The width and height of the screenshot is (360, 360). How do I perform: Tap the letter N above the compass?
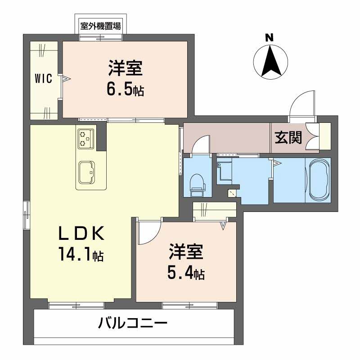(x=270, y=38)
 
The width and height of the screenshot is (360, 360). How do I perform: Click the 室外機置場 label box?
(x=100, y=26)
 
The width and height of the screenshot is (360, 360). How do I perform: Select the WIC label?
(x=44, y=79)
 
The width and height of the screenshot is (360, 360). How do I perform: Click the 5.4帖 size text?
(x=186, y=273)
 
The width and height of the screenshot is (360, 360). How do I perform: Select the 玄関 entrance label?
(x=288, y=138)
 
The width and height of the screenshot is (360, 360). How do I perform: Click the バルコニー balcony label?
(x=133, y=323)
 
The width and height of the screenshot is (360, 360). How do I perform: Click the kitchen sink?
(x=85, y=171)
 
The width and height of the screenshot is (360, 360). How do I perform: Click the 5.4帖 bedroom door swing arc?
(x=148, y=232)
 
